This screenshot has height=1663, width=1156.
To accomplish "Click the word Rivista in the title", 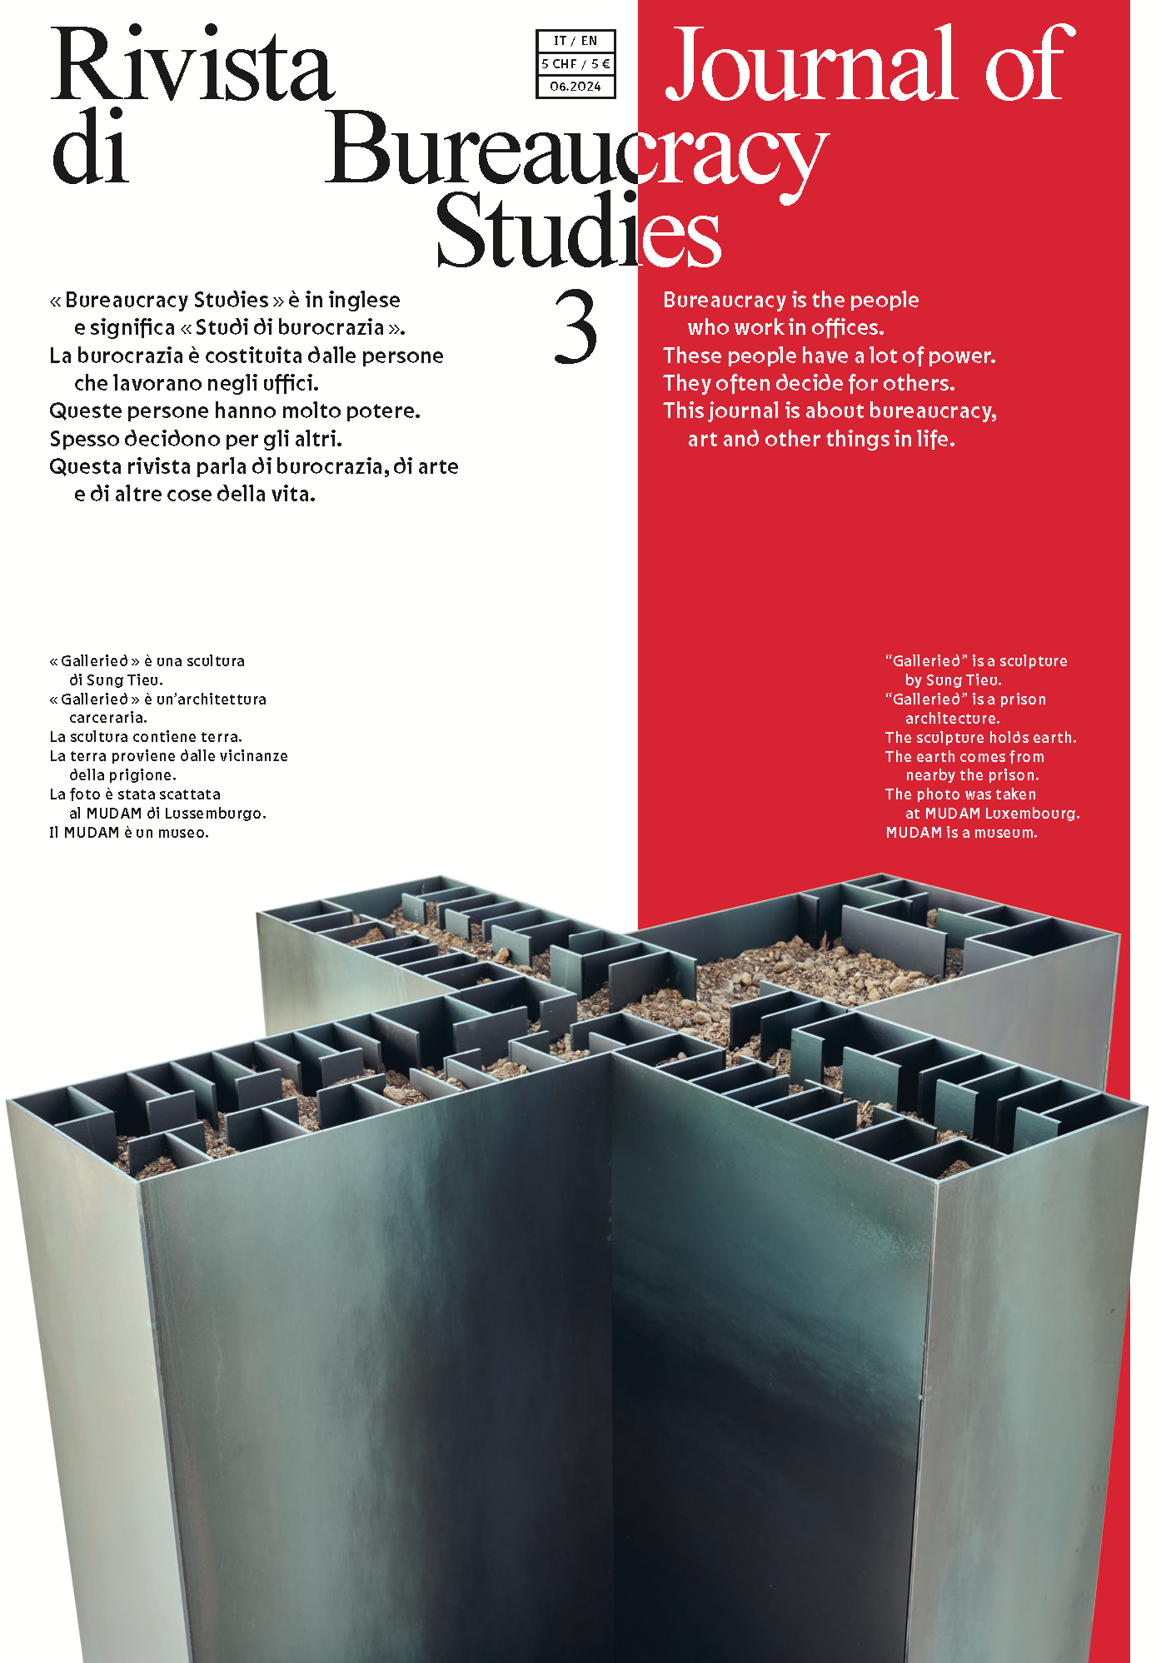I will click(193, 65).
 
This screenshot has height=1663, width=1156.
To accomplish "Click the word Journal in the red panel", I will click(812, 65).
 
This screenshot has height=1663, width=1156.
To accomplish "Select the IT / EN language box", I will click(576, 41).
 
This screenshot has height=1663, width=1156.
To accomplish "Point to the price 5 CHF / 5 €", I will click(576, 63).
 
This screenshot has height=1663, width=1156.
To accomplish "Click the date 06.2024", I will click(576, 86).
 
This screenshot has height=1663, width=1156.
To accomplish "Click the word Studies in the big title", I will click(578, 232).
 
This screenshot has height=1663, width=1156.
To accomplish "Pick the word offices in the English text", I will click(847, 327).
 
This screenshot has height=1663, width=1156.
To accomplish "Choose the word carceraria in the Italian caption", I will click(108, 718).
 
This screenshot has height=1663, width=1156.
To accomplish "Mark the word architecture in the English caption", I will click(952, 719).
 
